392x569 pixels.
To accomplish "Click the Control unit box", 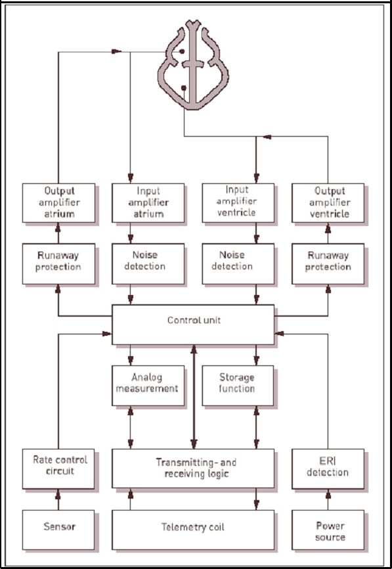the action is coord(193,325).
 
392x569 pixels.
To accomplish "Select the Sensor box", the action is coord(58,530).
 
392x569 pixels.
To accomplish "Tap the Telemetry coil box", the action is coord(193,530).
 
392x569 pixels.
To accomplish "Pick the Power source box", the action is coord(328,530).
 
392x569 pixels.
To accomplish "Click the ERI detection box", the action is coord(328,468).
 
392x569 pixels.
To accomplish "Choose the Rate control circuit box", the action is coord(58,468).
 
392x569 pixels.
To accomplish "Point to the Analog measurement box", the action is coord(148,386).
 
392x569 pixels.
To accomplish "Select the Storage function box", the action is coord(238,386).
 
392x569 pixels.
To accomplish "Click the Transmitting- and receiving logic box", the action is coord(193,468).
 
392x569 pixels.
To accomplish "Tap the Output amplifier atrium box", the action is coord(58,203).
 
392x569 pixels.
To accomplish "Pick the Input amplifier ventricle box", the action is coord(238,203).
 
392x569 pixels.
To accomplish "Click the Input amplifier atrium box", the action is coord(148,203).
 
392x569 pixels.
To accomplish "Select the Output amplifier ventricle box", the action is coord(328,203).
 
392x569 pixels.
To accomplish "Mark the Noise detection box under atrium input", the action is coord(148,264).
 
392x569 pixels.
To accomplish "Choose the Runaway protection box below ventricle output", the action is coord(328,264).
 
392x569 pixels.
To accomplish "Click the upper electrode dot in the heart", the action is coord(182,51).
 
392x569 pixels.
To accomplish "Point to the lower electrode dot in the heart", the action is coord(184,88).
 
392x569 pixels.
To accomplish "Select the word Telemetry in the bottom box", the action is coord(179,527).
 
